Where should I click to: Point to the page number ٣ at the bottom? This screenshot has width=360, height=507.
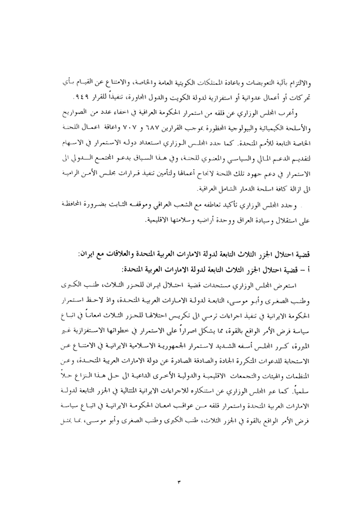pyautogui.click(x=179, y=480)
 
